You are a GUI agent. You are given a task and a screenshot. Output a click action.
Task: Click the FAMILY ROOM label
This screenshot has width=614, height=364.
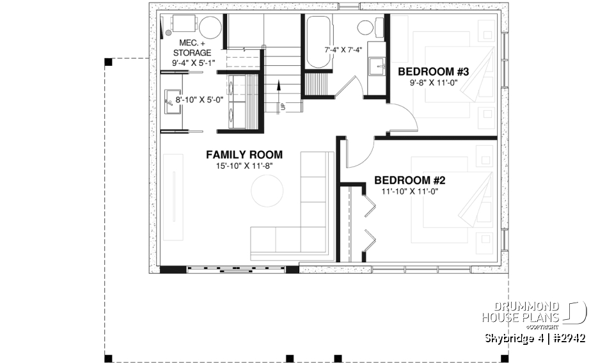pyautogui.click(x=244, y=155)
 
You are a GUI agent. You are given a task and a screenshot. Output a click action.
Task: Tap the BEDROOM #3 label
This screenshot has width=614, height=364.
pyautogui.click(x=434, y=72)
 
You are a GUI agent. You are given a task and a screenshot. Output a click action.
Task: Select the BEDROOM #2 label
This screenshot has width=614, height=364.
pyautogui.click(x=409, y=180)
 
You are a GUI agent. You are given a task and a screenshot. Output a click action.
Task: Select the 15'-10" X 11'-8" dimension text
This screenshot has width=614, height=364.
pyautogui.click(x=244, y=166)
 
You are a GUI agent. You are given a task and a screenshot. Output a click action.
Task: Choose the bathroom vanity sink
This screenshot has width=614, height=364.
pyautogui.click(x=375, y=65)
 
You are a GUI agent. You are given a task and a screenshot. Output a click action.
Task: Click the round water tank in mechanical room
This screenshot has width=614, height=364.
pyautogui.click(x=210, y=28)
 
